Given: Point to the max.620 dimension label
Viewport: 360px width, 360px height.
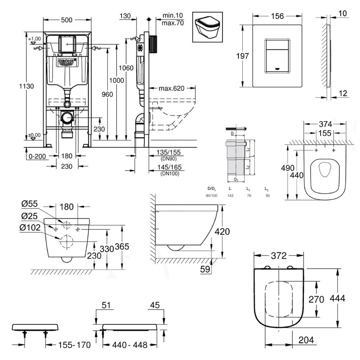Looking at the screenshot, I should (x=171, y=88).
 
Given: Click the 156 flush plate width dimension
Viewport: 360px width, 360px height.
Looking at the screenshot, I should (x=277, y=16).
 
